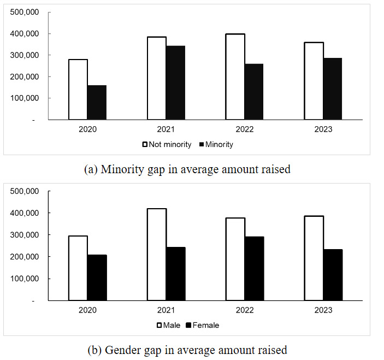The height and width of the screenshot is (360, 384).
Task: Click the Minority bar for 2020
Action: (97, 102)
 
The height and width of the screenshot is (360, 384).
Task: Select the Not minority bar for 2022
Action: (235, 76)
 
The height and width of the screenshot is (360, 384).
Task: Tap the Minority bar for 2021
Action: (175, 82)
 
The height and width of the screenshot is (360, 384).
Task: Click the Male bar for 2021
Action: (157, 254)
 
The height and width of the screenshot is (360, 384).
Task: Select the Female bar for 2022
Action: (254, 268)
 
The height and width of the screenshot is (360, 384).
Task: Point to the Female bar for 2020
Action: (97, 278)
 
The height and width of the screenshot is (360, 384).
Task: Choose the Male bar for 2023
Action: (314, 255)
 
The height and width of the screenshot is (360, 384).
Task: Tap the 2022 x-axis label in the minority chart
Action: (245, 130)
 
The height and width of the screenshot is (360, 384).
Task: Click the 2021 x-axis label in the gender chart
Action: (166, 310)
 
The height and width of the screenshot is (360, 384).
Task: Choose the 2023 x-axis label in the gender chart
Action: (323, 310)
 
